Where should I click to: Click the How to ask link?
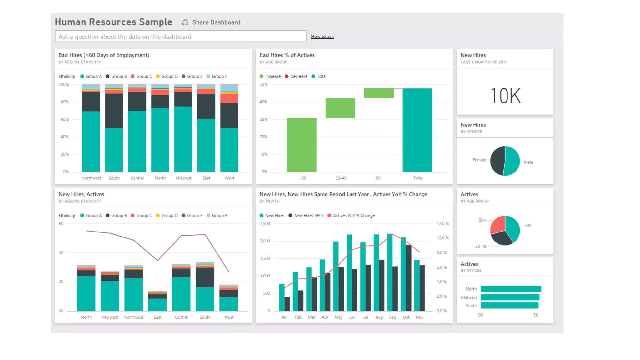click(322, 37)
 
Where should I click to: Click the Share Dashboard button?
click(212, 22)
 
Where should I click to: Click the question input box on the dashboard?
click(180, 36)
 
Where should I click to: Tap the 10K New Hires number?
click(505, 96)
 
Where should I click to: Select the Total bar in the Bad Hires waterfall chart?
click(417, 130)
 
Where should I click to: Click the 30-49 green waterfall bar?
click(340, 108)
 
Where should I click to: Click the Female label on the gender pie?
click(479, 160)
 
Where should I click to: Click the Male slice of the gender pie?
click(512, 161)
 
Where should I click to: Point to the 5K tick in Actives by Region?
click(536, 315)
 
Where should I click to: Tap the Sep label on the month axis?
click(392, 317)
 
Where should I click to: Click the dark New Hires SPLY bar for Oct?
click(409, 278)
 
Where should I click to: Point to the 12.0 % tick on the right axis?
click(442, 224)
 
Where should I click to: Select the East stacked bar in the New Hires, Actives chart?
click(157, 302)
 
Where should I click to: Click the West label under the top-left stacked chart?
click(229, 178)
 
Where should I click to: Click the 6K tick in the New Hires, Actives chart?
click(61, 224)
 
